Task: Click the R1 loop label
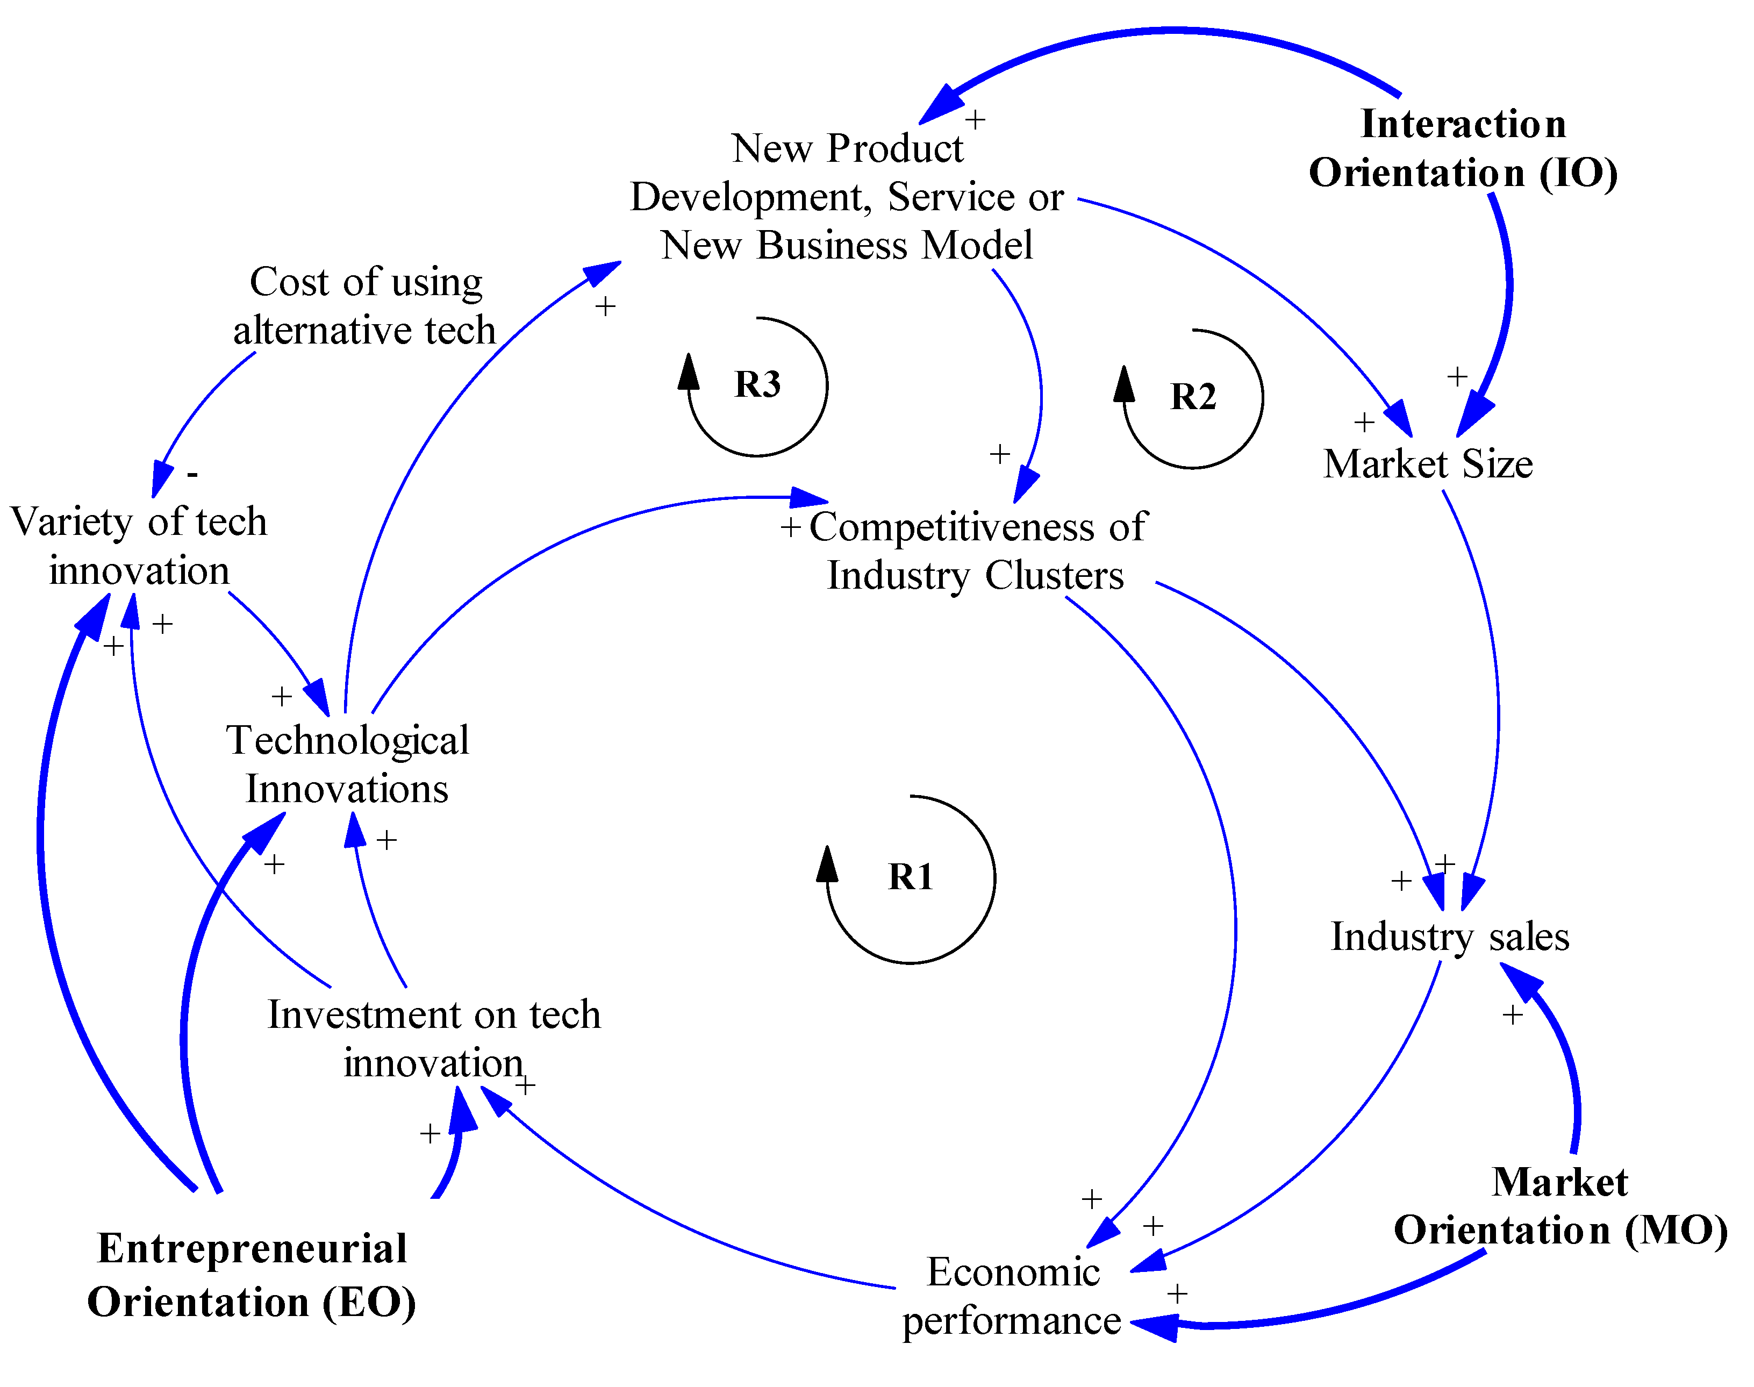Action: point(910,877)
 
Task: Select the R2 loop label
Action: point(1192,397)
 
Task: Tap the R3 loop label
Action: point(757,384)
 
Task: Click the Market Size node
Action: point(1428,464)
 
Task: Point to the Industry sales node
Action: point(1450,936)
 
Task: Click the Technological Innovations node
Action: point(348,764)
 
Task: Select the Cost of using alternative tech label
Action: point(366,306)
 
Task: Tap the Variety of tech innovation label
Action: point(138,546)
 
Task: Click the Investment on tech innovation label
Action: point(434,1039)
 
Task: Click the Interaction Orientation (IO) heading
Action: point(1463,148)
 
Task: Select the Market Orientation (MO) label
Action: point(1560,1205)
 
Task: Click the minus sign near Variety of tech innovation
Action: point(192,474)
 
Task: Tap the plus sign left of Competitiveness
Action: point(790,528)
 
